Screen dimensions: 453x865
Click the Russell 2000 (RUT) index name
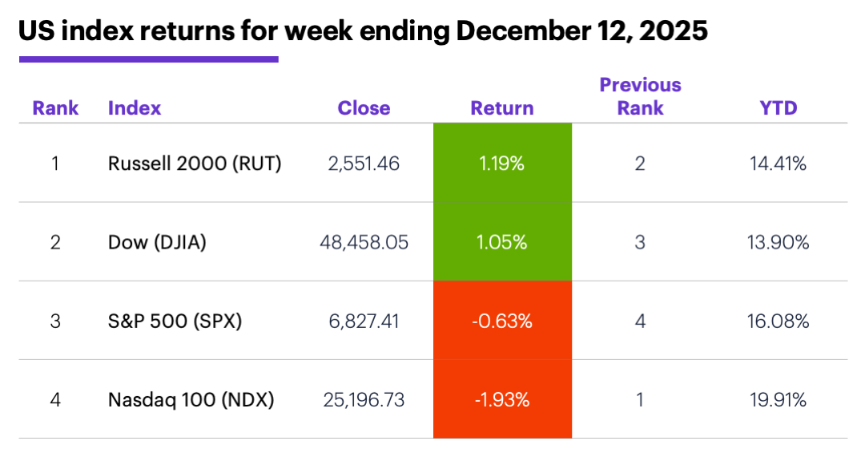195,164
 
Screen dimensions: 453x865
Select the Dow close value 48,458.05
364,242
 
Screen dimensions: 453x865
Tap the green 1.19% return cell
502,164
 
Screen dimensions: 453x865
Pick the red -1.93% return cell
502,399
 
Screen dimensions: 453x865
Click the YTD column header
778,108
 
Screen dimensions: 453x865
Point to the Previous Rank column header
640,96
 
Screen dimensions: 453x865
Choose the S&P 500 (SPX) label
175,321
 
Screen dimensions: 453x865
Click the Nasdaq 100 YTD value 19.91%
778,399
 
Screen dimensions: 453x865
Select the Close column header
364,108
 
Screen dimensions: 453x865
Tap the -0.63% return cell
502,321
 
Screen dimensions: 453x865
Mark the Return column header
502,108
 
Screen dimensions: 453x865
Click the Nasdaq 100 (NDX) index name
191,399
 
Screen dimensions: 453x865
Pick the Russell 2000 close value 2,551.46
364,164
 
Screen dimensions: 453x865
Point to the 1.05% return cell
502,242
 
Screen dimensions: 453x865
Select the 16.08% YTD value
778,321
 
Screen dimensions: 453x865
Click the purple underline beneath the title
148,59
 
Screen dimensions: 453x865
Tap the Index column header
135,108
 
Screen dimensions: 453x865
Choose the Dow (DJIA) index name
157,242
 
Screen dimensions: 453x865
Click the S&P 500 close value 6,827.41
364,321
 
